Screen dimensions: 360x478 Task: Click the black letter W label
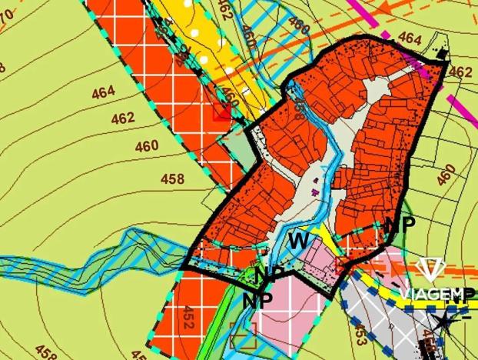(298, 241)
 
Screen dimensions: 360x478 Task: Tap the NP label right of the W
(399, 225)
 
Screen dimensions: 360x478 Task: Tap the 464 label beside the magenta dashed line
(410, 37)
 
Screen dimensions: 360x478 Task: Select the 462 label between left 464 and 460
(122, 118)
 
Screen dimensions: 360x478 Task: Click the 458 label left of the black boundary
(172, 178)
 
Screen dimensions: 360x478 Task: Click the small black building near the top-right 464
(441, 55)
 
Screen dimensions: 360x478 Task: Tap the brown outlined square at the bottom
(242, 333)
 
